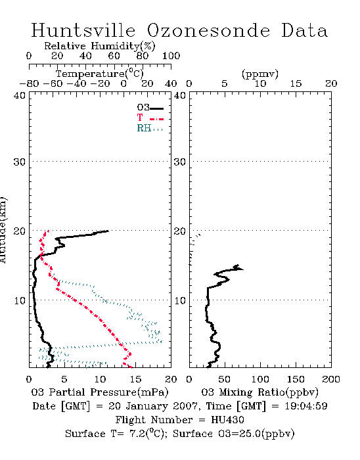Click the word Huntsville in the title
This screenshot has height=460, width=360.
[x=83, y=30]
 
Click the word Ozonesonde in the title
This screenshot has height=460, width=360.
[x=208, y=30]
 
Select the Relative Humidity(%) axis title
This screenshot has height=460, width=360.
[x=100, y=46]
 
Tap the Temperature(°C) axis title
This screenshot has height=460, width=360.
[x=100, y=74]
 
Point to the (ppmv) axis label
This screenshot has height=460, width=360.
[x=260, y=74]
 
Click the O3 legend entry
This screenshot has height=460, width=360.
[x=150, y=108]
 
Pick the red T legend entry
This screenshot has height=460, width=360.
[x=150, y=118]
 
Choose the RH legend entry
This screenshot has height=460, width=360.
[x=150, y=128]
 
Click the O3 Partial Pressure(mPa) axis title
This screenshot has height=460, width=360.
[x=100, y=392]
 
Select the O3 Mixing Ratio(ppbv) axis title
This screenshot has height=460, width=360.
[x=259, y=392]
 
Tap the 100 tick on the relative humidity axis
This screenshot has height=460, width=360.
[x=171, y=56]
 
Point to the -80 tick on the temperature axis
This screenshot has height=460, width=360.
[x=29, y=84]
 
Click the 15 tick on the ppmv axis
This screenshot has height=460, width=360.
[x=296, y=84]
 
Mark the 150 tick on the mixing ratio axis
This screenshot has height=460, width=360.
[x=296, y=379]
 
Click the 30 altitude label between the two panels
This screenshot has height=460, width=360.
[x=180, y=162]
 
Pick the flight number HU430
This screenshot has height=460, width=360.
[x=227, y=420]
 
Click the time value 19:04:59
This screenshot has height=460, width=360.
[x=305, y=406]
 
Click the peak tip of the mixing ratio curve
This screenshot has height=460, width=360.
[x=242, y=269]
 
